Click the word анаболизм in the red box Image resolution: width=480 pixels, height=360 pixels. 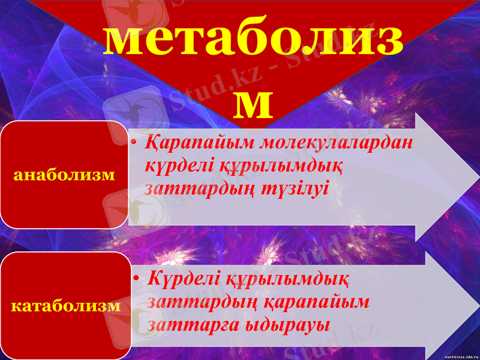point(65,175)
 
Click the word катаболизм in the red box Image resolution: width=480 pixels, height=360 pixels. point(65,306)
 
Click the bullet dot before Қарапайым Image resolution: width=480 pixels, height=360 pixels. point(135,144)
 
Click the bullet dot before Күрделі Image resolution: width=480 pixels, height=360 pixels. point(137,279)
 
